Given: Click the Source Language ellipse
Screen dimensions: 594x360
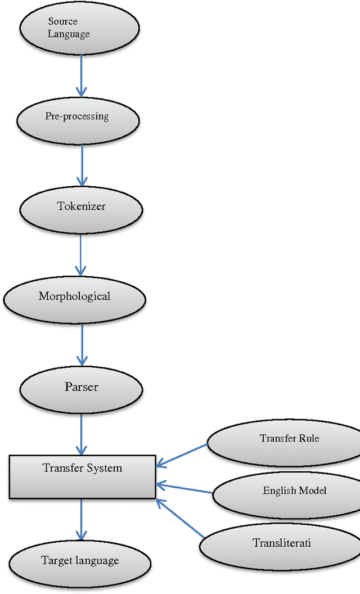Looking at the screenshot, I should [x=79, y=28].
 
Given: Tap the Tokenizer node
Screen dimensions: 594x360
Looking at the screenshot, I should [x=81, y=209].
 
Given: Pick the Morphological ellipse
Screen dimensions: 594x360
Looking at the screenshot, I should [x=74, y=299].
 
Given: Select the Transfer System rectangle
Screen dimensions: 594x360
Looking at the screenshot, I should [x=82, y=476].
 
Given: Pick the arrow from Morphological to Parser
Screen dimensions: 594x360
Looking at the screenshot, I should [x=82, y=344].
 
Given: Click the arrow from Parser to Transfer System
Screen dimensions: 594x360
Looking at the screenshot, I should [x=82, y=434].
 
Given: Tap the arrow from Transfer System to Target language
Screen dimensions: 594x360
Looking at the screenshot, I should [x=81, y=519].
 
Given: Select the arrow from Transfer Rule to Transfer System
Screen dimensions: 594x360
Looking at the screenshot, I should [x=182, y=455].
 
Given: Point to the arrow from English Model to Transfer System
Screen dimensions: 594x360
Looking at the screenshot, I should [x=184, y=488].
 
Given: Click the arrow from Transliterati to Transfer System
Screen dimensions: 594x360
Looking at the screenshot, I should [x=180, y=517].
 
